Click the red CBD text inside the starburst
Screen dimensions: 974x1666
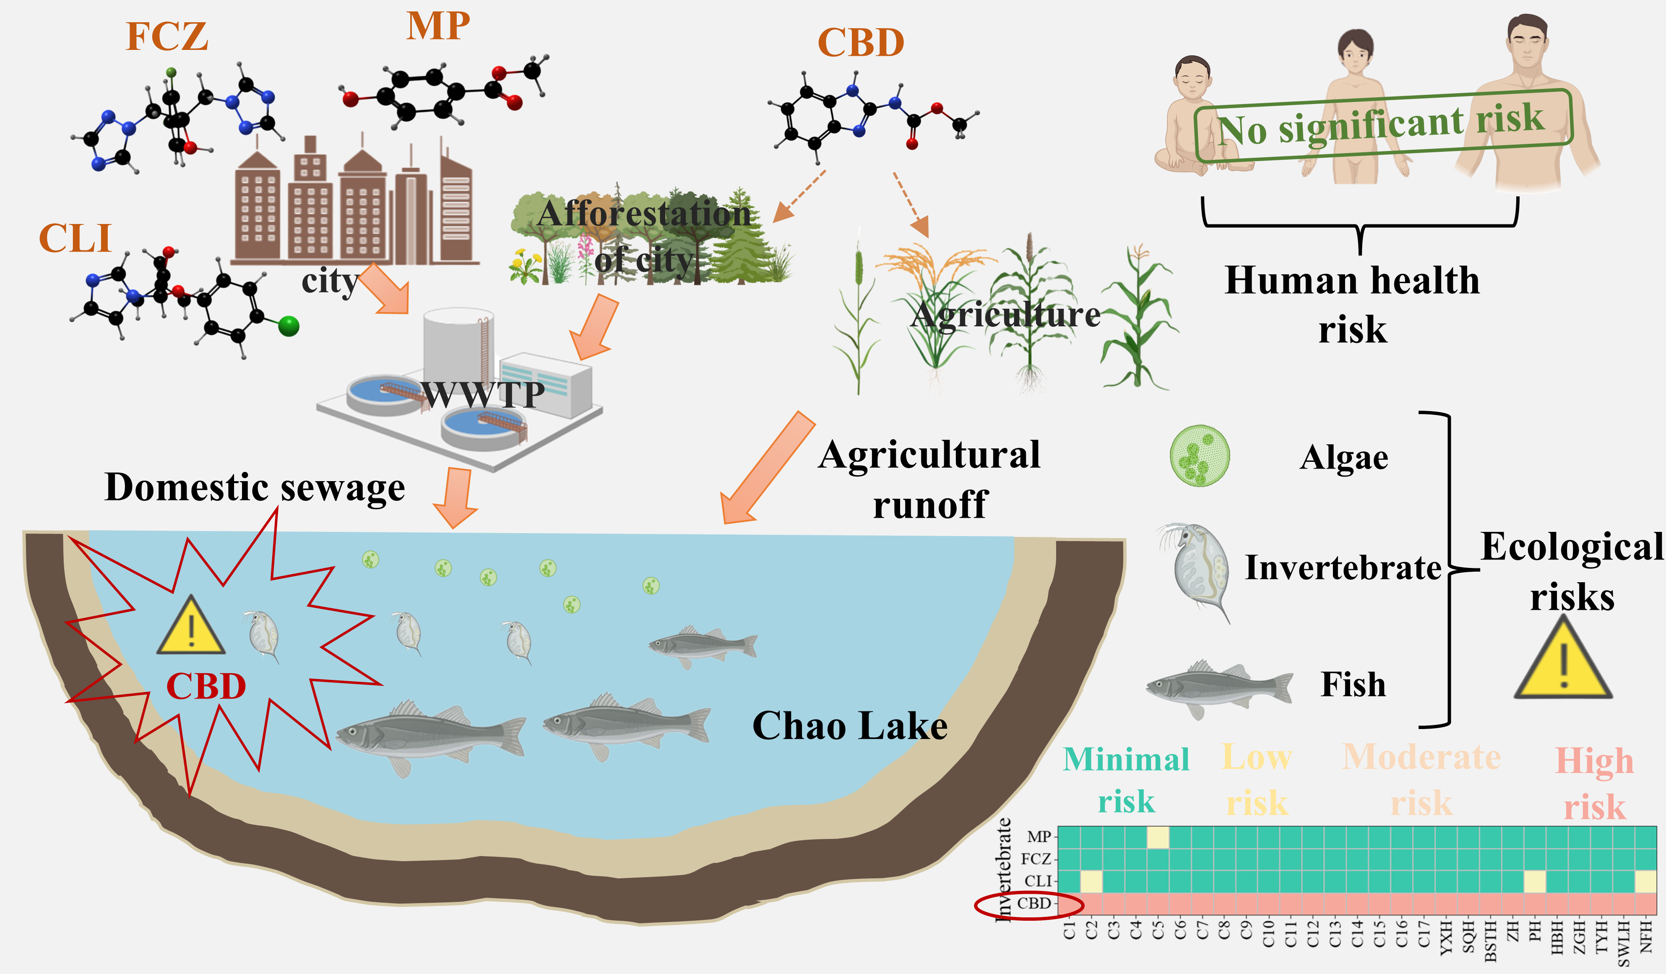coord(206,686)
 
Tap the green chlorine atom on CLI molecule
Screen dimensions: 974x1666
coord(289,326)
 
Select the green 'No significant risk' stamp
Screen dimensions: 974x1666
coord(1382,126)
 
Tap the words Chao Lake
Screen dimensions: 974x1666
coord(849,726)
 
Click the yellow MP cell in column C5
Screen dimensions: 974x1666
coord(1158,837)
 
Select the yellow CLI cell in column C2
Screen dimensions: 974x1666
coord(1091,881)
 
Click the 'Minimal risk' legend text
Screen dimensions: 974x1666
coord(1126,780)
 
